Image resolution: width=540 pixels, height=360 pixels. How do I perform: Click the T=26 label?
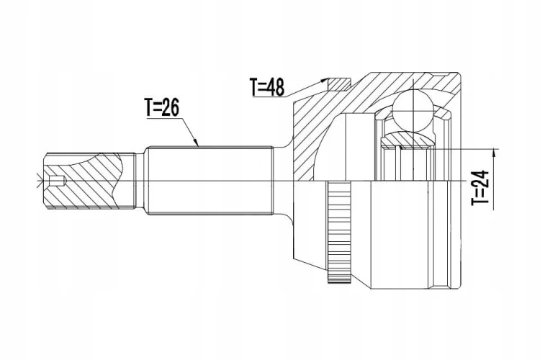[x=161, y=107]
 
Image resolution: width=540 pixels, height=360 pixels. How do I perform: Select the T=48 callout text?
[x=267, y=87]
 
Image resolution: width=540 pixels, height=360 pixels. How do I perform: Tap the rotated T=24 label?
[x=480, y=188]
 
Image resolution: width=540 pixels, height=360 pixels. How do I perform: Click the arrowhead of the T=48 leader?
[x=324, y=80]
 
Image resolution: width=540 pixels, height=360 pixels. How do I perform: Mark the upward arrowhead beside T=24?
[x=495, y=153]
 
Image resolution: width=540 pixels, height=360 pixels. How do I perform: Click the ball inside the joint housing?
[x=413, y=110]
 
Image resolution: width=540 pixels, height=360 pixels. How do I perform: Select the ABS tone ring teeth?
[x=338, y=232]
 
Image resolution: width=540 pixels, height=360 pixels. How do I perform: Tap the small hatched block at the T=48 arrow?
[x=339, y=84]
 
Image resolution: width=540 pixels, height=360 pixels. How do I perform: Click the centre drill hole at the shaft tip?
[x=56, y=181]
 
